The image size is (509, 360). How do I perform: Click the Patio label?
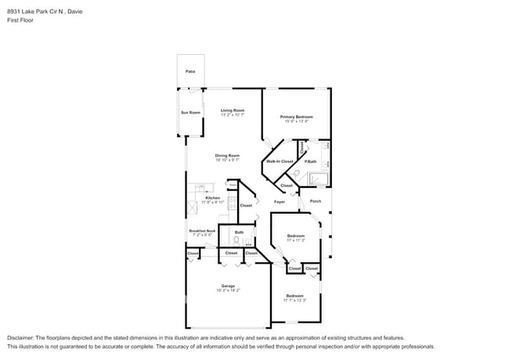[190, 71]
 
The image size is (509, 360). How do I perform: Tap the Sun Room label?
[191, 113]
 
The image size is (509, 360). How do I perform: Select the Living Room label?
[233, 110]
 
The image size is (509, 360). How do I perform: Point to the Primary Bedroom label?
[297, 117]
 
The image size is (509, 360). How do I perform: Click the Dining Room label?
[227, 155]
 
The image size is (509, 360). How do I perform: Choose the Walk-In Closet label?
[279, 161]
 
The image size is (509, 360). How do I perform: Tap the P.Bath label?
[311, 161]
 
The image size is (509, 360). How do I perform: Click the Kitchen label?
[213, 198]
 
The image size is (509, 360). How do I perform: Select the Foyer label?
[279, 202]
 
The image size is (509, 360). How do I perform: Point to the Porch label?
[316, 201]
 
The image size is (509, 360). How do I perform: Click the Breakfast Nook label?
[202, 231]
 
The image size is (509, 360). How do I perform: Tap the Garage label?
[228, 286]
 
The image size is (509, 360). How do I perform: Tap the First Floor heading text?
[20, 20]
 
